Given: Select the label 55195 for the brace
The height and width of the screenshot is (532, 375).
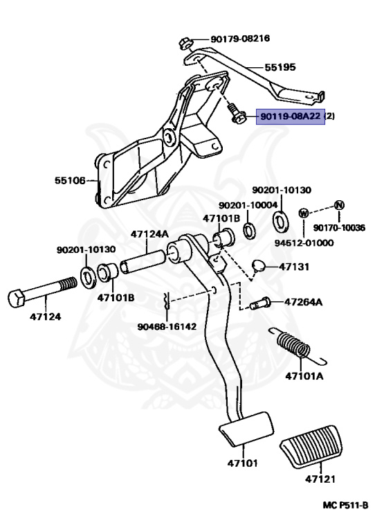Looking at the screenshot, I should (280, 68).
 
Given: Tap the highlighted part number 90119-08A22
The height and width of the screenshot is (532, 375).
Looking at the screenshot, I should (290, 117).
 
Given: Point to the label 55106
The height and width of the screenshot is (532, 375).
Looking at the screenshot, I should (70, 180).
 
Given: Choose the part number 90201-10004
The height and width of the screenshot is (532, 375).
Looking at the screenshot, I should (248, 205).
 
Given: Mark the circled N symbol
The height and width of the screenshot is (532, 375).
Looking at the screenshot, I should (338, 205).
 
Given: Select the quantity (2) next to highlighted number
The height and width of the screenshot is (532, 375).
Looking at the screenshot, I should (330, 117).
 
